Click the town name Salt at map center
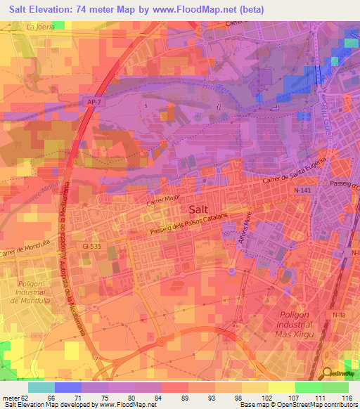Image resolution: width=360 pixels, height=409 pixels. (x=199, y=209)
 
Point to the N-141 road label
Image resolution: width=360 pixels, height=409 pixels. (x=302, y=190)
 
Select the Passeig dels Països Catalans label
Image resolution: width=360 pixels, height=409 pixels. (x=200, y=224)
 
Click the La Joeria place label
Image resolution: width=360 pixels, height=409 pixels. (x=40, y=27)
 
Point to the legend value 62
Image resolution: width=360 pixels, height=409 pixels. (x=25, y=398)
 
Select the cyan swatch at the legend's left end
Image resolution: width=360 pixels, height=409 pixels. (x=41, y=387)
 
